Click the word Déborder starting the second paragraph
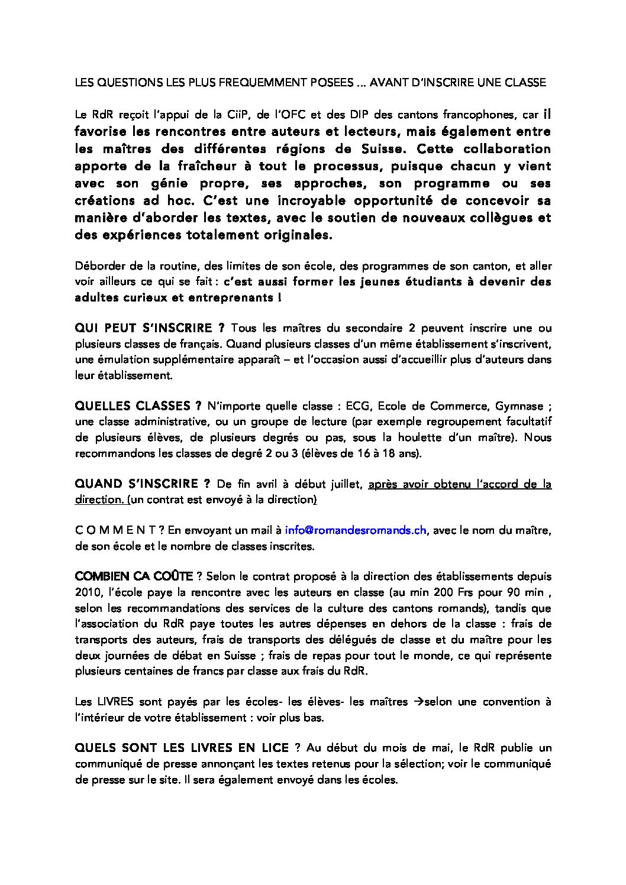(96, 266)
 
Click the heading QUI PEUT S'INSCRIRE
(149, 328)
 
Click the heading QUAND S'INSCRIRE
(142, 484)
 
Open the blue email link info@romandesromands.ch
(356, 530)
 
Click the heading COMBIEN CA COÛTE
(134, 576)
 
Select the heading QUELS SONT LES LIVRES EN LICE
(182, 748)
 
